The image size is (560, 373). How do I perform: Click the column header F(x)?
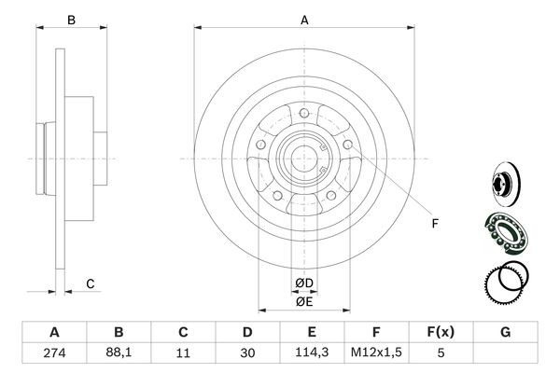tap(441, 331)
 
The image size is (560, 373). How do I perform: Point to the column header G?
tap(506, 331)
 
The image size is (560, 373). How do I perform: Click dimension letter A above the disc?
tap(304, 19)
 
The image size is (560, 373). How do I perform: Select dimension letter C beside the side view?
tap(91, 283)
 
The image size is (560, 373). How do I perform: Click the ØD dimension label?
tap(304, 283)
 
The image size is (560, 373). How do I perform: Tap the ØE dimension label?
tap(304, 300)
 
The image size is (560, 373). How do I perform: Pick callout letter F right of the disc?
tap(434, 223)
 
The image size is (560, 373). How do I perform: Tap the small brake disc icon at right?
tap(504, 181)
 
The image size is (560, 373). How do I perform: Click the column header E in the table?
tap(313, 331)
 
